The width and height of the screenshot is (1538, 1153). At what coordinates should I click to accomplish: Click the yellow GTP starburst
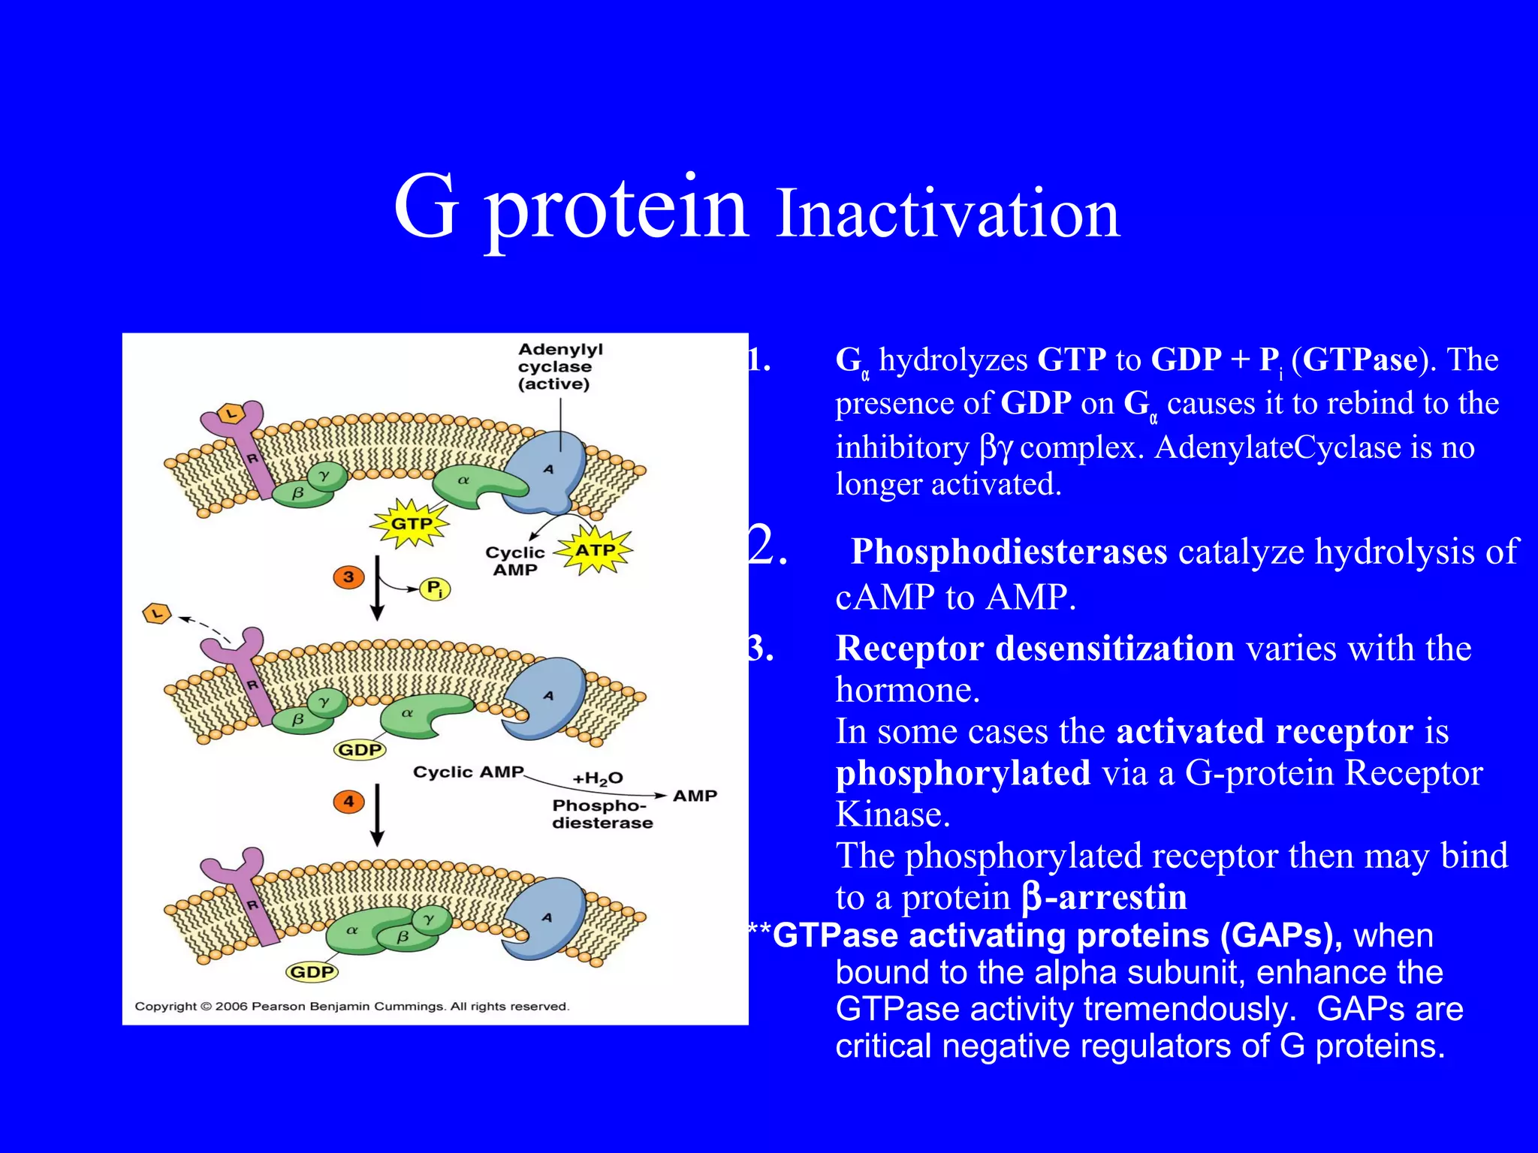(411, 523)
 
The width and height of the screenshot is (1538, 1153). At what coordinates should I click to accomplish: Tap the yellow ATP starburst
(595, 550)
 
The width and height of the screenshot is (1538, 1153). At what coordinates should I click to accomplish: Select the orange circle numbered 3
(348, 577)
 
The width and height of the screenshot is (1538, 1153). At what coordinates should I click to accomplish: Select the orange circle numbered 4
(348, 801)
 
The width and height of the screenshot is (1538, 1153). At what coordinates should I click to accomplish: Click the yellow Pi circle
(435, 589)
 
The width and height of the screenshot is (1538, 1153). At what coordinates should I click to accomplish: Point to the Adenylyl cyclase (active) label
(559, 366)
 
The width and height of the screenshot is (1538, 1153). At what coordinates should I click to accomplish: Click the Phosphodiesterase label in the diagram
(602, 814)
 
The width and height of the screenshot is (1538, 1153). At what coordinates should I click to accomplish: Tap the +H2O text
(597, 778)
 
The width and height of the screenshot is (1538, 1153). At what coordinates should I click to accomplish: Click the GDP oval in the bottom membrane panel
(312, 972)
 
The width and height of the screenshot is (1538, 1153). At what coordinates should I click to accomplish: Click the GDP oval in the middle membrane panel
(360, 749)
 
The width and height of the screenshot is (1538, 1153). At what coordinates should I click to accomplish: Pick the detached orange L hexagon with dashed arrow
(157, 614)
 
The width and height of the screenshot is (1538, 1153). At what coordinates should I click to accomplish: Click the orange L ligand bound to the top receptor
(231, 413)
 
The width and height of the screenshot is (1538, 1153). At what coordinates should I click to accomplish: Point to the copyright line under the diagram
(351, 1006)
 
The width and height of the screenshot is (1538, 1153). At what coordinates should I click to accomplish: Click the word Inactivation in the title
(948, 214)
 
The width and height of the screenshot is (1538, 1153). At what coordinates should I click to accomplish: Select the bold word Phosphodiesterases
(1009, 552)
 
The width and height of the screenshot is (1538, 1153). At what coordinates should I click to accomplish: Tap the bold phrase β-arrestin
(1104, 898)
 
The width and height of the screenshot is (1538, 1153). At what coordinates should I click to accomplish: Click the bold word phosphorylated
(963, 773)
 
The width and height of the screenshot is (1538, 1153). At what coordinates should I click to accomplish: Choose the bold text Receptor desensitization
(1034, 649)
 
